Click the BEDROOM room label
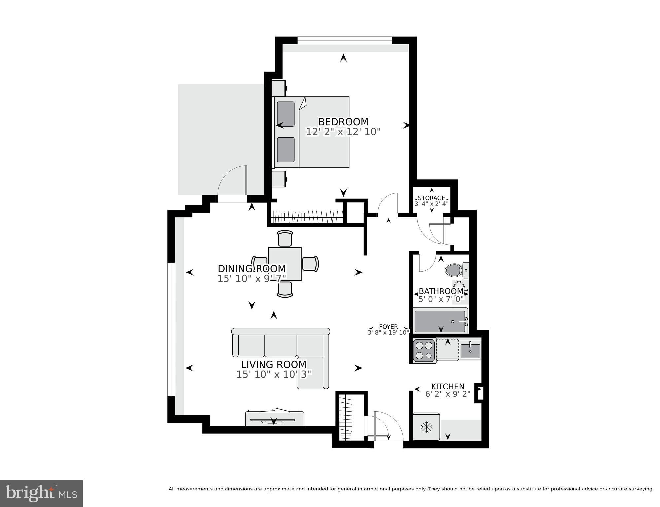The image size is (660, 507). tap(343, 122)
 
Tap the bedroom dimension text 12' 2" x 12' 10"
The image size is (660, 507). tap(343, 132)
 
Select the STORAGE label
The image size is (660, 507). tap(431, 198)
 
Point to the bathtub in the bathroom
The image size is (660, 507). tap(440, 321)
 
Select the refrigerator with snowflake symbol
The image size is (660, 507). tap(426, 427)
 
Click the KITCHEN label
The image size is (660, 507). tap(448, 386)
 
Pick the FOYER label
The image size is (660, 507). tap(388, 327)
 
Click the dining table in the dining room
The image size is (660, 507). tap(285, 264)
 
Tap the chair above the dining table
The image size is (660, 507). tap(285, 238)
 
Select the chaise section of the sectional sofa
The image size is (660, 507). tap(313, 372)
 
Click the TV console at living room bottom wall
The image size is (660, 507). tap(275, 419)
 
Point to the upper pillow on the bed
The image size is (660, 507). tap(286, 114)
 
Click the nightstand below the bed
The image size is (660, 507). tap(279, 179)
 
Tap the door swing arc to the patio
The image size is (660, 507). tap(230, 180)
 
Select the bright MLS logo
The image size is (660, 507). tap(41, 493)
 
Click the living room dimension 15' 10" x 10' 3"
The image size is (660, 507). tap(274, 374)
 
